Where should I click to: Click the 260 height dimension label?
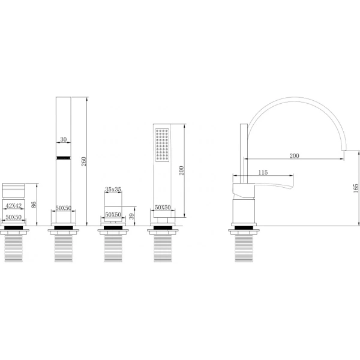pos(84,161)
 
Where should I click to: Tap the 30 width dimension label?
pos(64,139)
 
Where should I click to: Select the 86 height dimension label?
pos(34,205)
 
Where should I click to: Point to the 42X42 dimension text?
pos(14,206)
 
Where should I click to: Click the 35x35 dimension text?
pos(113,190)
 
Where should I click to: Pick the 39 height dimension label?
pos(131,217)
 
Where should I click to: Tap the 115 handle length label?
pos(263,172)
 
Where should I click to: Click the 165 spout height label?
pos(356,188)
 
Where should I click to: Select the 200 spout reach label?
pos(294,155)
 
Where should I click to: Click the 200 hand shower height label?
pos(181,170)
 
